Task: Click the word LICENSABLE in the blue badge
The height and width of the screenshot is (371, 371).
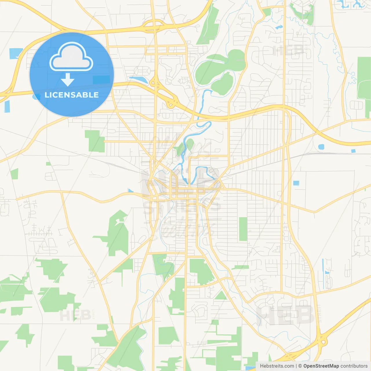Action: (72, 95)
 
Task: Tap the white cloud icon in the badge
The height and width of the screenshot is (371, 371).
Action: (71, 57)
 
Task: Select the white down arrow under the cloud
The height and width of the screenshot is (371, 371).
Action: (68, 80)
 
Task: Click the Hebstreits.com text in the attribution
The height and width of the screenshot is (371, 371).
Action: (277, 366)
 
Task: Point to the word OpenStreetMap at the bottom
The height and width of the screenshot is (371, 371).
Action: (321, 366)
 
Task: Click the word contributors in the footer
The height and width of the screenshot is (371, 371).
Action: (354, 366)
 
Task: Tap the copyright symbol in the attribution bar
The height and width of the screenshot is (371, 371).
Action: (300, 366)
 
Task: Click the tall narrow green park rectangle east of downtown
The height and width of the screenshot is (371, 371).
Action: (243, 229)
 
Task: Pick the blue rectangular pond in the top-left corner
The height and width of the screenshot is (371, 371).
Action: (16, 53)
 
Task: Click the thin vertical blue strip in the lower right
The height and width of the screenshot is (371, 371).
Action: (323, 270)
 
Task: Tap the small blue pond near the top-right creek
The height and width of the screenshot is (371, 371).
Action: (279, 27)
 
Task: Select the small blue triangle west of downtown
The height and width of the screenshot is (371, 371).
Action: (130, 191)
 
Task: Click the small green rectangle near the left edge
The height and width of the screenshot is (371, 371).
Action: (14, 174)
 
